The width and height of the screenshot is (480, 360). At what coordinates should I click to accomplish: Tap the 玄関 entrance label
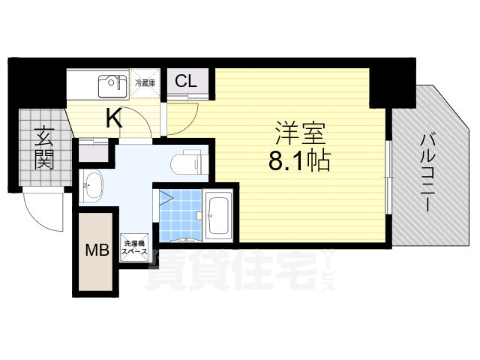coord(43,148)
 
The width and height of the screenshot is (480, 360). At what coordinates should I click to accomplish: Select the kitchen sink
coord(111,85)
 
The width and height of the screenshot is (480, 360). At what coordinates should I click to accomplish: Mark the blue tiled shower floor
coord(179,213)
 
